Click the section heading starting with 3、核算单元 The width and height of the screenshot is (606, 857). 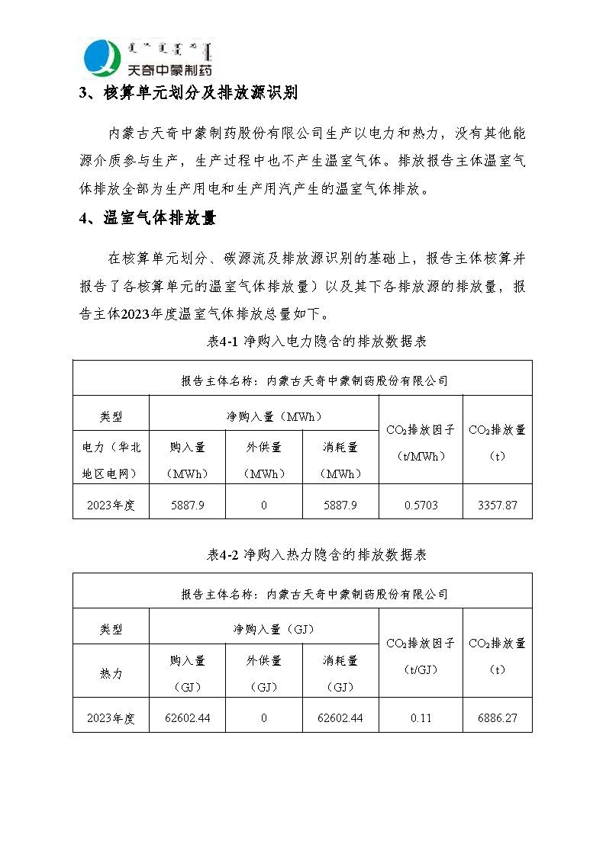coord(189,94)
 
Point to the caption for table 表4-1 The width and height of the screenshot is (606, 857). coord(317,342)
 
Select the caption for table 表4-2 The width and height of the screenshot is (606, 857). coord(317,555)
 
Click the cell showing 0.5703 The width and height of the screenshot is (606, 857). coord(421,506)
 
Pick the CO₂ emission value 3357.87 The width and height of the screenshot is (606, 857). coord(497,506)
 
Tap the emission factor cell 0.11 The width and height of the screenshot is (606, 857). coord(421,718)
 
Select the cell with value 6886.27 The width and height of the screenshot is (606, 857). coord(497,718)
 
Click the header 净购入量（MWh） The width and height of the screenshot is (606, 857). coord(264,416)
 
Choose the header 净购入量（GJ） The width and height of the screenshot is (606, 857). coord(264,630)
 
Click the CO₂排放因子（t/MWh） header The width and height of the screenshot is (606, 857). coord(421,442)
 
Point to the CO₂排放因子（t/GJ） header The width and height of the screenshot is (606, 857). coord(421,656)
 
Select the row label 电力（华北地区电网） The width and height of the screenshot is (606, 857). coord(111,461)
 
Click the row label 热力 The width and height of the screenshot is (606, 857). coord(111,674)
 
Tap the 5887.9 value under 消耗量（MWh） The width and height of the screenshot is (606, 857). coord(340,506)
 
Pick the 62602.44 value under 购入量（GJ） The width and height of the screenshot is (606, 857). coord(188,718)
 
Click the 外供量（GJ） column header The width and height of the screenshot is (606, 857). coord(264,673)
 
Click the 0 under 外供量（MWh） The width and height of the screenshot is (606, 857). coord(264,506)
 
